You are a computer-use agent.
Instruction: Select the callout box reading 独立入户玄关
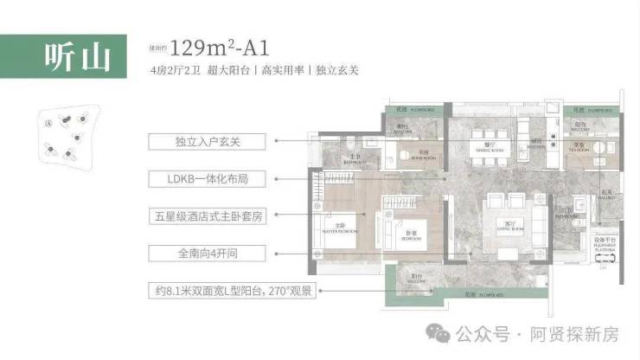pos(208,140)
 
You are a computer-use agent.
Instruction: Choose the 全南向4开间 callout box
pos(208,254)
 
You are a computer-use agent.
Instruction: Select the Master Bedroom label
pos(341,227)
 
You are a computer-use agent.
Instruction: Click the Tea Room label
pos(580,146)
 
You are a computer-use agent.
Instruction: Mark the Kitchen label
pos(537,144)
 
